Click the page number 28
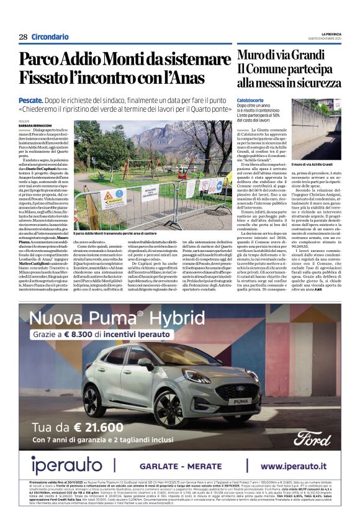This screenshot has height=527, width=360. tap(23, 37)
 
